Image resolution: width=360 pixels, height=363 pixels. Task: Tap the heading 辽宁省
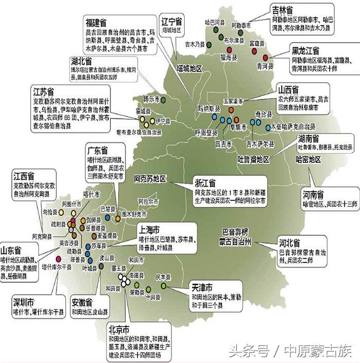(172, 22)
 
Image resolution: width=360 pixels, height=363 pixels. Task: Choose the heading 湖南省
(309, 139)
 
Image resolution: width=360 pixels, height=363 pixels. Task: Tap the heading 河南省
(313, 195)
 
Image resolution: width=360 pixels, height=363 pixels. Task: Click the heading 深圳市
(25, 301)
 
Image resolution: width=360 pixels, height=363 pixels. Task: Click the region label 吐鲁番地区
(253, 159)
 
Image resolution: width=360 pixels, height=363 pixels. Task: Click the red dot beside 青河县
(266, 57)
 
